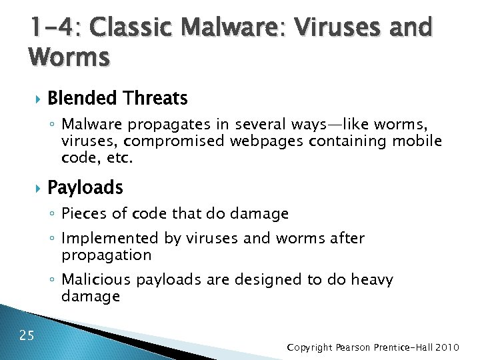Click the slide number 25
(x=27, y=335)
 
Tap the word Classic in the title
(x=128, y=28)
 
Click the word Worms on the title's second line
(x=69, y=58)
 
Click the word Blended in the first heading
(x=82, y=99)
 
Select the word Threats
(x=155, y=99)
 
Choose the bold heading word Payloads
(x=85, y=189)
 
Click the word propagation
(x=106, y=255)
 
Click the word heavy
(x=372, y=280)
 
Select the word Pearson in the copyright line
(x=356, y=348)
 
